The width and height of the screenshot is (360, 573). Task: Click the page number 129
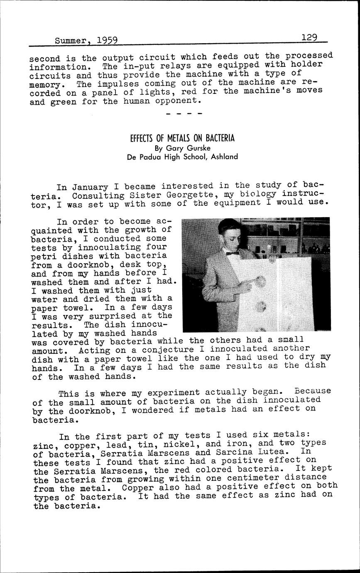(309, 37)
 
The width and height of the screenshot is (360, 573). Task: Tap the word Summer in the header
(71, 41)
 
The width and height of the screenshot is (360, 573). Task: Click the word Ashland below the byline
(224, 157)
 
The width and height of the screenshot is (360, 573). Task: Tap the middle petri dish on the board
(261, 307)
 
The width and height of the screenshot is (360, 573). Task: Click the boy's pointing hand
(248, 284)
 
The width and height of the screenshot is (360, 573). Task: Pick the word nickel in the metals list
(181, 444)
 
